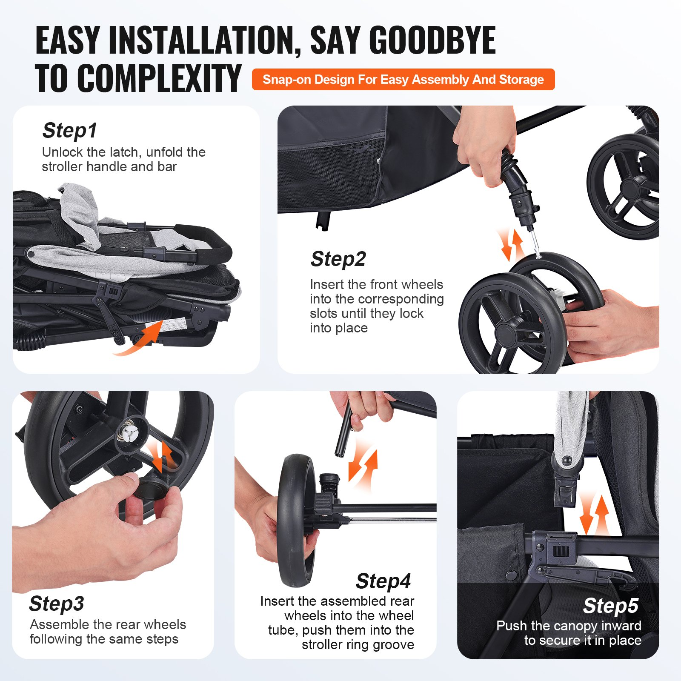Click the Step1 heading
tap(70, 131)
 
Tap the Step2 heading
tap(338, 259)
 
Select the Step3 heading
tap(57, 604)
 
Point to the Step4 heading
tap(383, 581)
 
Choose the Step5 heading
tap(611, 606)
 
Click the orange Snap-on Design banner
tap(403, 80)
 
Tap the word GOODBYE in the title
tap(432, 40)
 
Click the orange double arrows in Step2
tap(511, 244)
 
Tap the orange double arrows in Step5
tap(595, 514)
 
